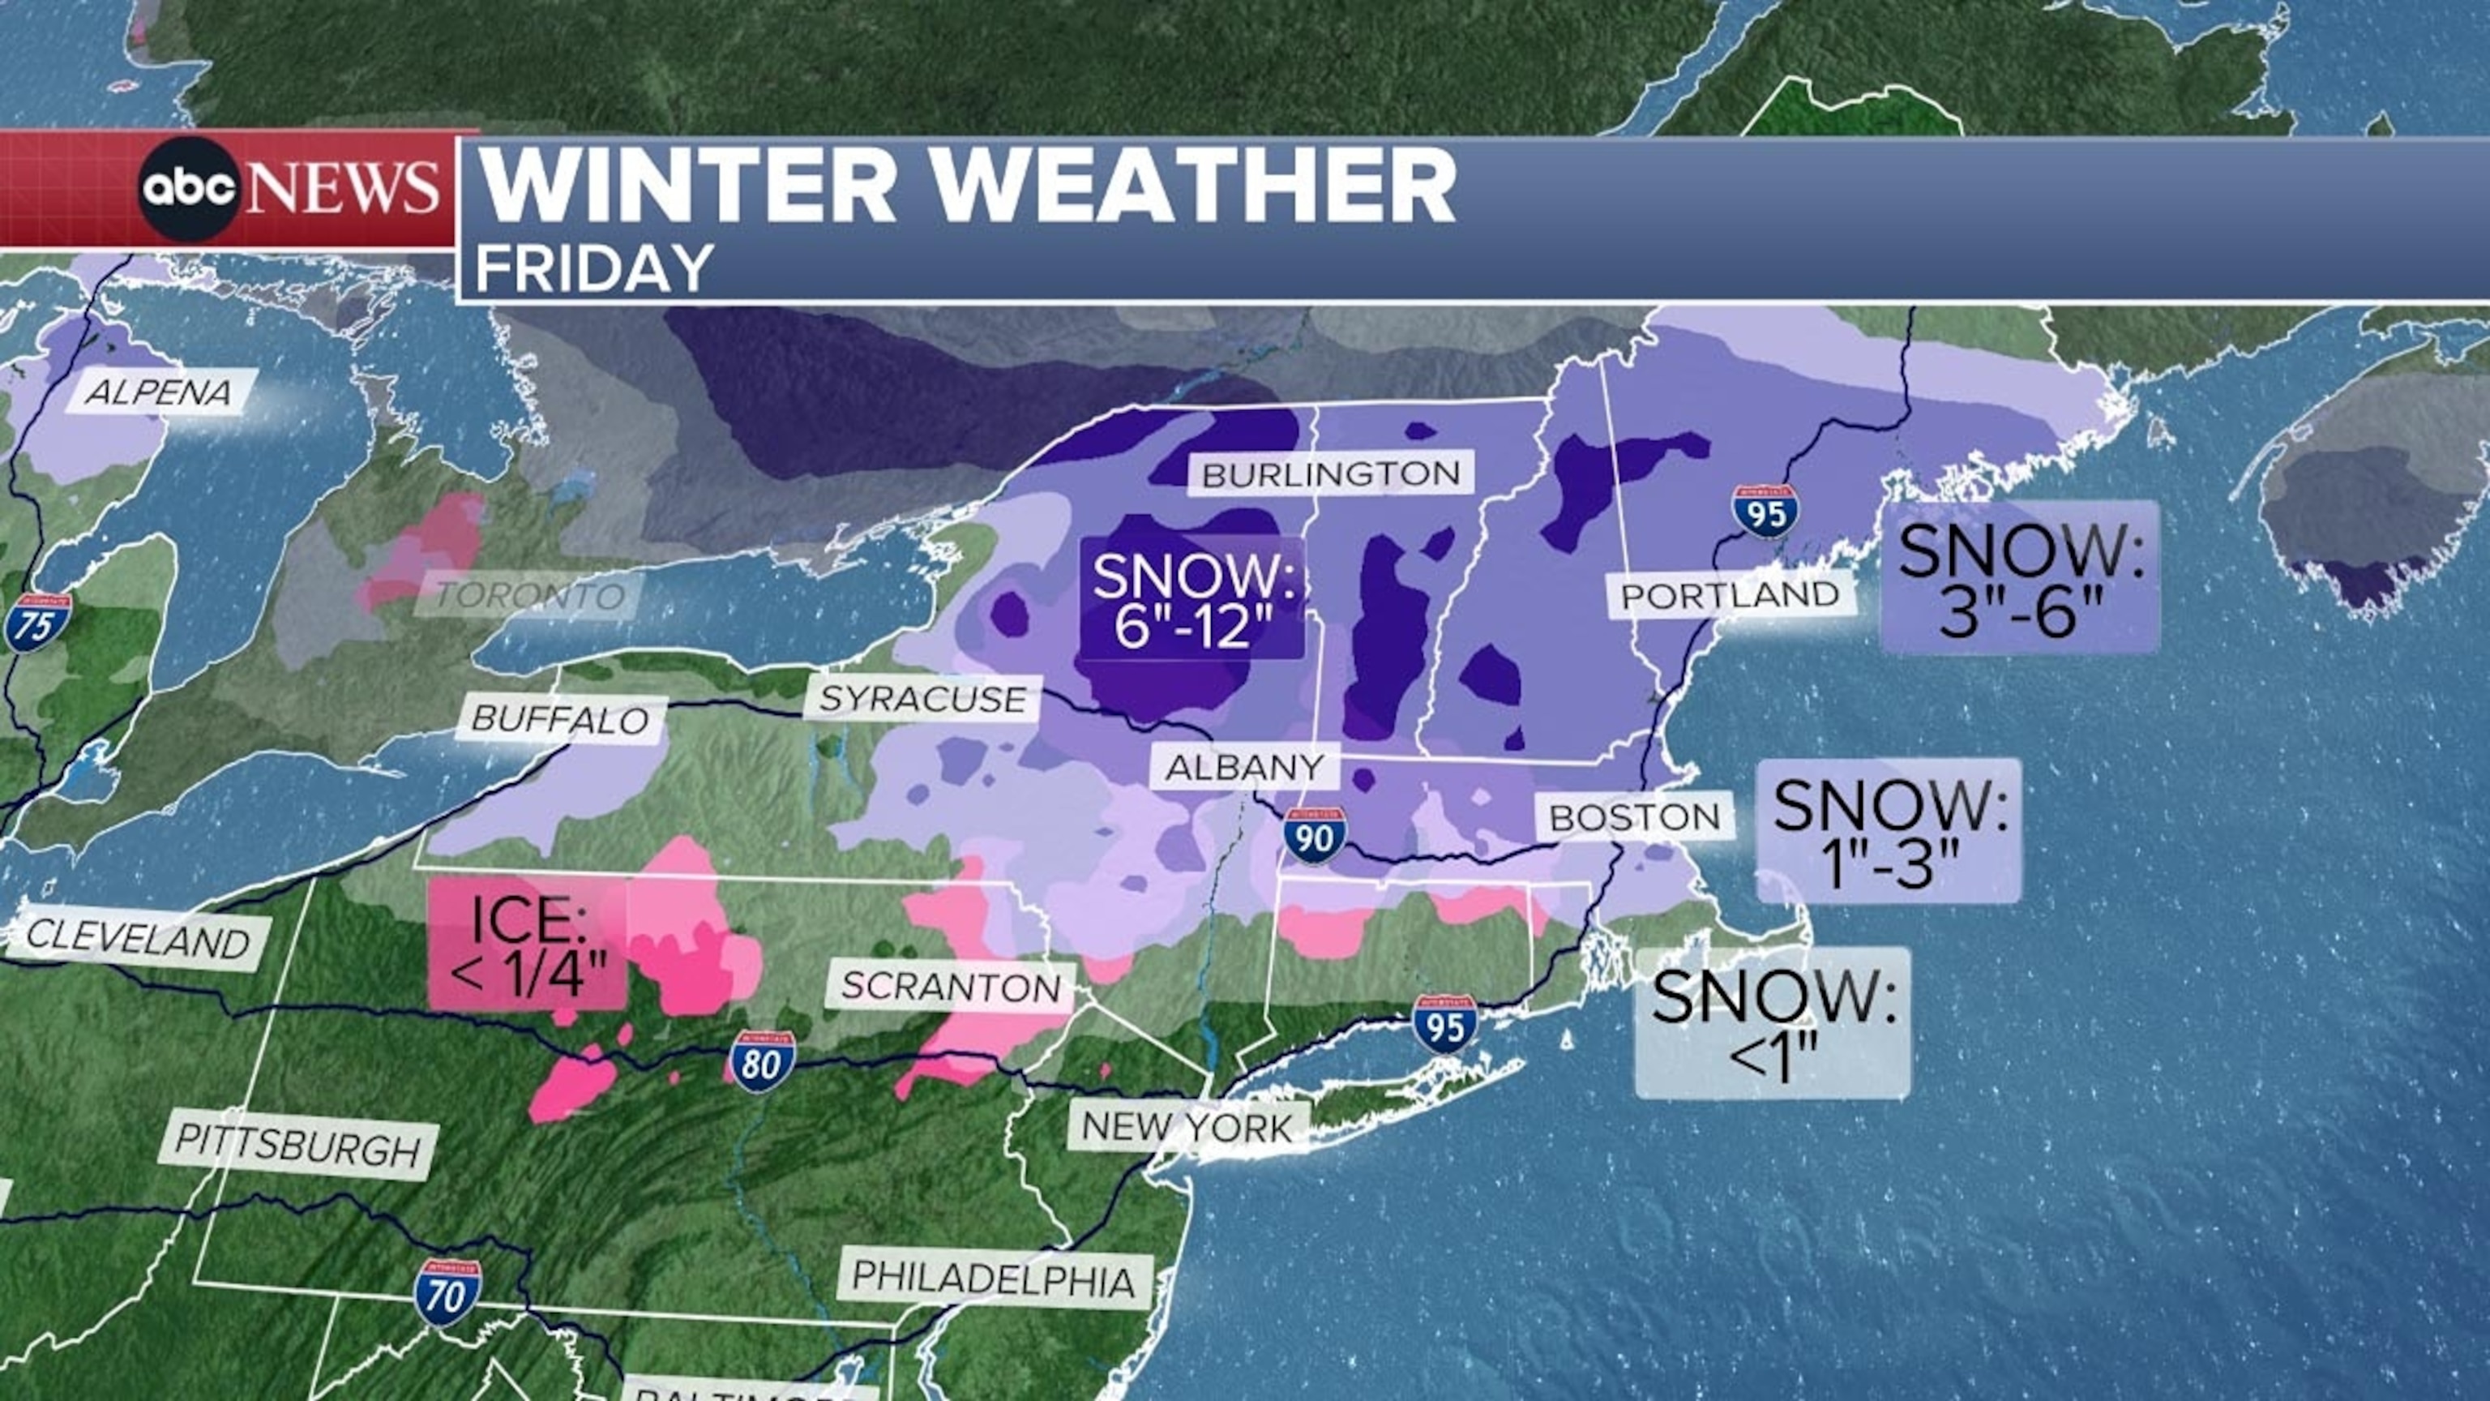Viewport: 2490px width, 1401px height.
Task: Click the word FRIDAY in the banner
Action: [593, 269]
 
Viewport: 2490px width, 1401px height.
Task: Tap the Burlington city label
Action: [1330, 473]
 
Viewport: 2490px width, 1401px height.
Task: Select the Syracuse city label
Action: [922, 698]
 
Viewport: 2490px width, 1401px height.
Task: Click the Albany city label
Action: [1244, 768]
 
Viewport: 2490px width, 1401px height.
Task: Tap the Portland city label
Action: [1729, 594]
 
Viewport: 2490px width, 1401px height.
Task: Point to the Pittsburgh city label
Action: [297, 1146]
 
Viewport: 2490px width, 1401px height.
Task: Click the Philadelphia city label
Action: [994, 1280]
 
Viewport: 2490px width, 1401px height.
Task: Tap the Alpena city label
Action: [160, 392]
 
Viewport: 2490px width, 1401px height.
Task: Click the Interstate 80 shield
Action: [763, 1061]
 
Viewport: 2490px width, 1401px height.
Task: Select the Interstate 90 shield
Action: [1316, 835]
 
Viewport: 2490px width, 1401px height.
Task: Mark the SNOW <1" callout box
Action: [1772, 1023]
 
